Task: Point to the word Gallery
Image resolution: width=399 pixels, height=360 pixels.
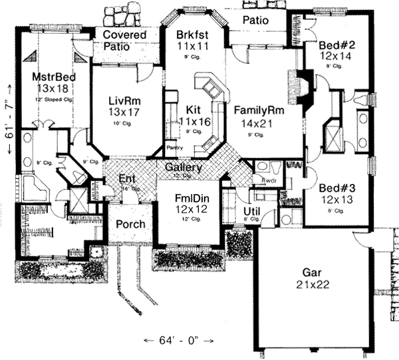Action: (x=184, y=167)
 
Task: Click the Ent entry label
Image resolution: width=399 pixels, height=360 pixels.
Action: (x=127, y=179)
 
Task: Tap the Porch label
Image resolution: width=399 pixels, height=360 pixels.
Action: (x=130, y=225)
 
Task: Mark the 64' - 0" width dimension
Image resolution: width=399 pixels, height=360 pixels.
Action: (x=179, y=341)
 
